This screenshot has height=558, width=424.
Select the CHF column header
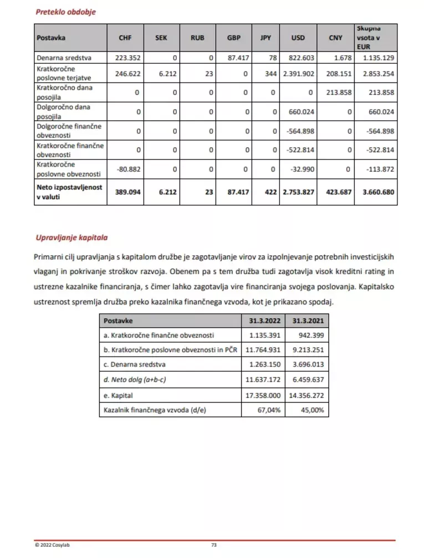125,38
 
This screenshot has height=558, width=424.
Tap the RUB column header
197,38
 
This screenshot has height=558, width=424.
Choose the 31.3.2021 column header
308,321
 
